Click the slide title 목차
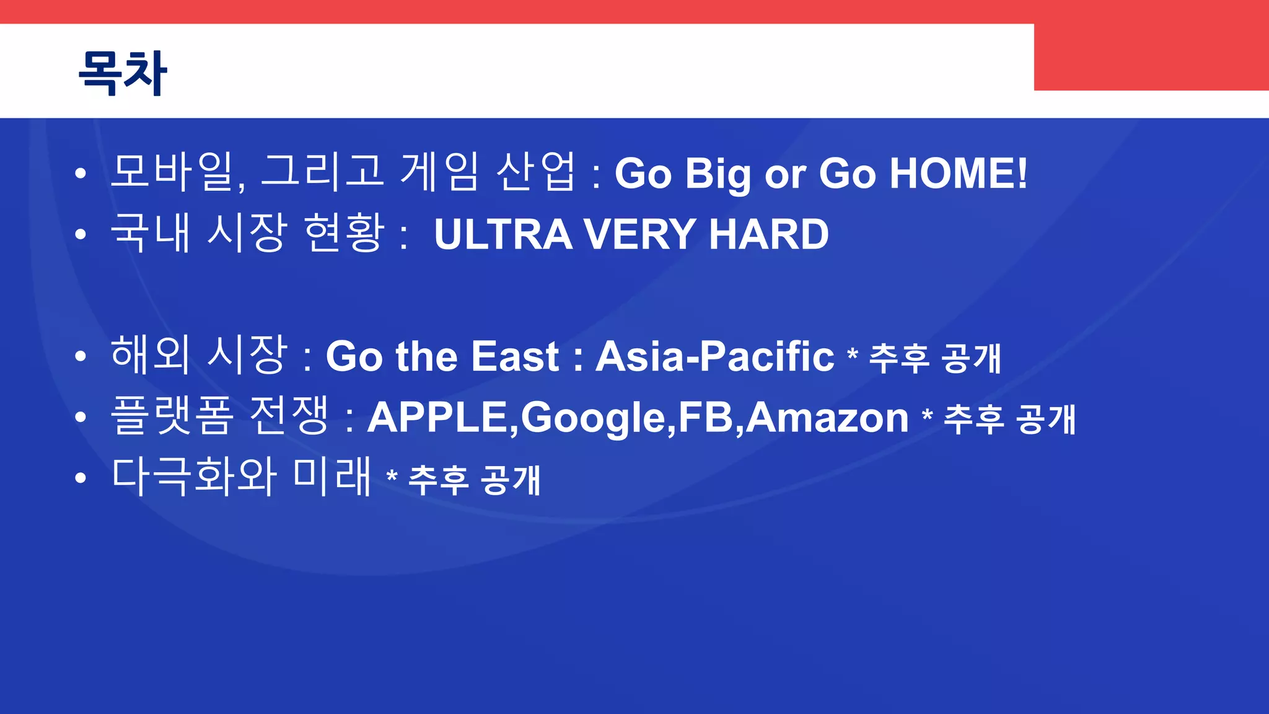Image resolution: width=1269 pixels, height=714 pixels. [x=123, y=73]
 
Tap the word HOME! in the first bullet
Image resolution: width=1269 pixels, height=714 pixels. [x=958, y=173]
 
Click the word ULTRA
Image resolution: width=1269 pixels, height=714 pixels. [x=503, y=235]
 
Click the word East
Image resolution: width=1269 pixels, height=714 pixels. [x=515, y=356]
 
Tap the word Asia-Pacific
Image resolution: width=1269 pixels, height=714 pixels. [x=714, y=356]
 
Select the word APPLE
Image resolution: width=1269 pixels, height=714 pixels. [x=437, y=417]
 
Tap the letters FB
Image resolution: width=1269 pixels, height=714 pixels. [x=706, y=417]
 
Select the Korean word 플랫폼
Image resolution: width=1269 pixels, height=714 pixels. [x=172, y=416]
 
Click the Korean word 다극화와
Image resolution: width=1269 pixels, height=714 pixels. [x=193, y=477]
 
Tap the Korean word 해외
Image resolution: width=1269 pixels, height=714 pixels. [x=150, y=355]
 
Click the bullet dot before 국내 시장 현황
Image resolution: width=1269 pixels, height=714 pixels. [x=80, y=235]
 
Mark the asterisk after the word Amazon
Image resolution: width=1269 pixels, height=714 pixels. [x=927, y=413]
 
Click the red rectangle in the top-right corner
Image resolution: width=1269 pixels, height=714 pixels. [x=1151, y=56]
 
